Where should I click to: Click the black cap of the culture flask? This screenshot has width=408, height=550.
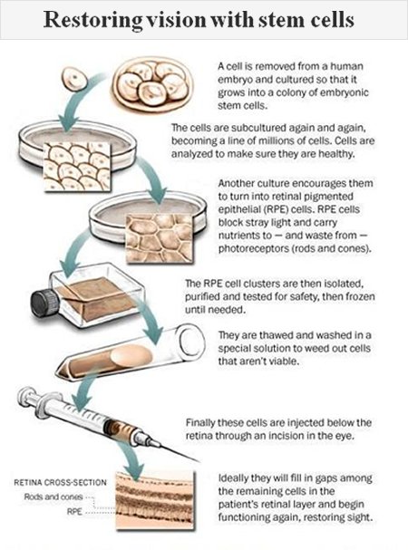click(44, 302)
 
